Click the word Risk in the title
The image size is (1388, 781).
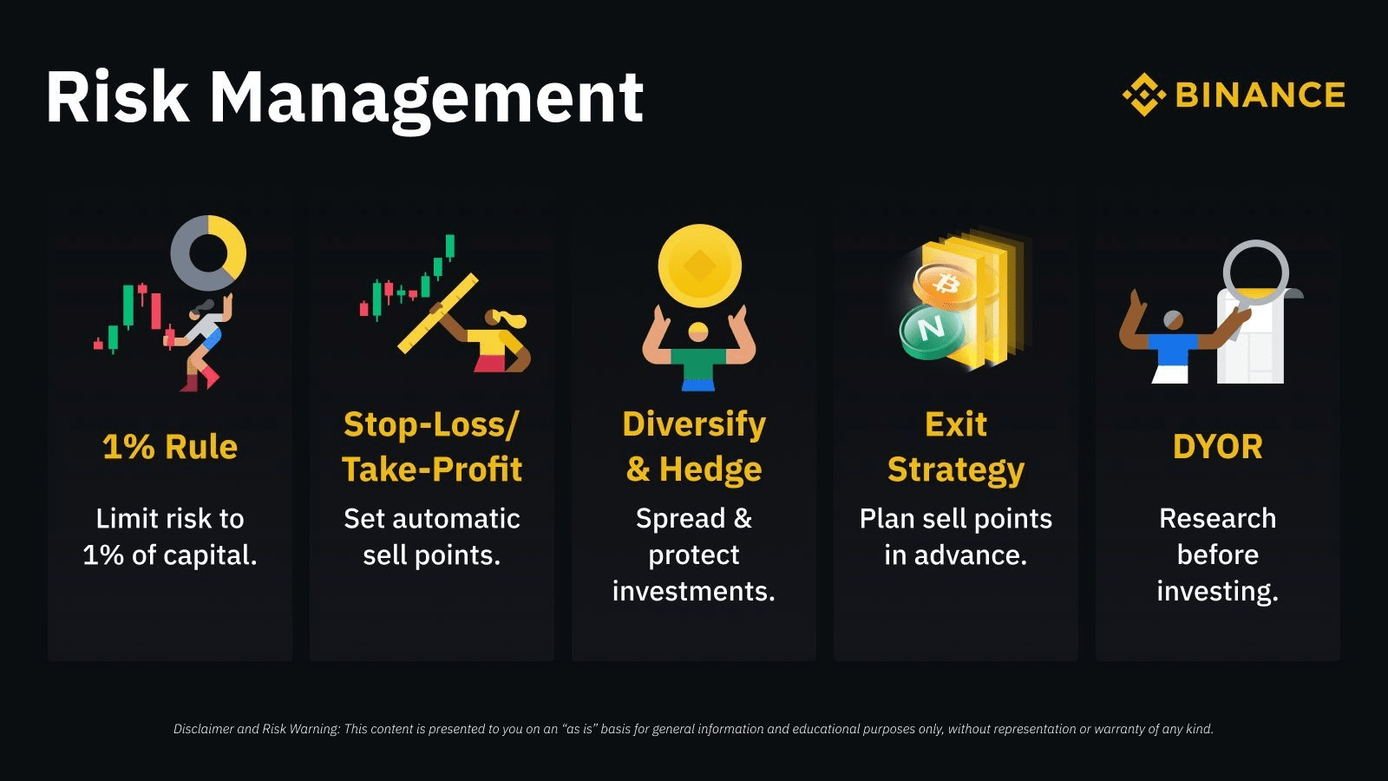tap(117, 97)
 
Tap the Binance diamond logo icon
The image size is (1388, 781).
tap(1144, 95)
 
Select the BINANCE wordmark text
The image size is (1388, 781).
tap(1260, 95)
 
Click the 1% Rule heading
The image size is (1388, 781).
tap(170, 447)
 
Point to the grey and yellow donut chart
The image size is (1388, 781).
tap(208, 253)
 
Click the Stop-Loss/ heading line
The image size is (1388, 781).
tap(431, 424)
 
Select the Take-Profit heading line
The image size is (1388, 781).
tap(432, 469)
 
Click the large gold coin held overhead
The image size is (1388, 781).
tap(699, 266)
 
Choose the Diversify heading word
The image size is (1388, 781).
tap(694, 424)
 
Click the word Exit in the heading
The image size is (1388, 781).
tap(955, 424)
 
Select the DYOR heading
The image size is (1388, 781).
tap(1217, 447)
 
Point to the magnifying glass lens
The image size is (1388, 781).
tap(1255, 272)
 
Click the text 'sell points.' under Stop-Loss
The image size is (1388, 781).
tap(431, 555)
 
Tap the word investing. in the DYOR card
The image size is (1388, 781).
tap(1217, 592)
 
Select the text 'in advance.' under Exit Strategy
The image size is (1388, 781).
tap(955, 555)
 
